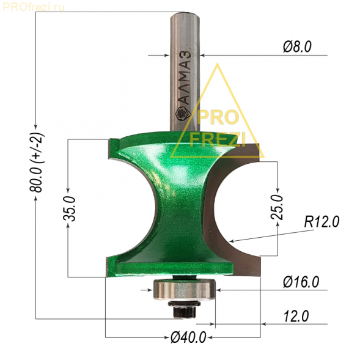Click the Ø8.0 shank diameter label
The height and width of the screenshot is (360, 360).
tap(297, 47)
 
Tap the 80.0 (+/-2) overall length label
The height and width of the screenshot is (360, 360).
tap(36, 163)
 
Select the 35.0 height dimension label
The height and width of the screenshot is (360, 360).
tap(69, 208)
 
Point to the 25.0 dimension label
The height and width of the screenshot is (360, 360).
tap(277, 207)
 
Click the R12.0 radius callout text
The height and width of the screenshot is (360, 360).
tap(321, 222)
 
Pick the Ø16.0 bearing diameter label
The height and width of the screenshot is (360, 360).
tap(301, 282)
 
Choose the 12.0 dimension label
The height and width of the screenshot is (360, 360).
tap(296, 317)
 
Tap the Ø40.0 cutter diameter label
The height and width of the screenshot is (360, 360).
tap(188, 337)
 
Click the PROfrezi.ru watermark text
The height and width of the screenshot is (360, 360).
tap(34, 7)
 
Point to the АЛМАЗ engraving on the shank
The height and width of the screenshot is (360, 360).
tap(185, 78)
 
